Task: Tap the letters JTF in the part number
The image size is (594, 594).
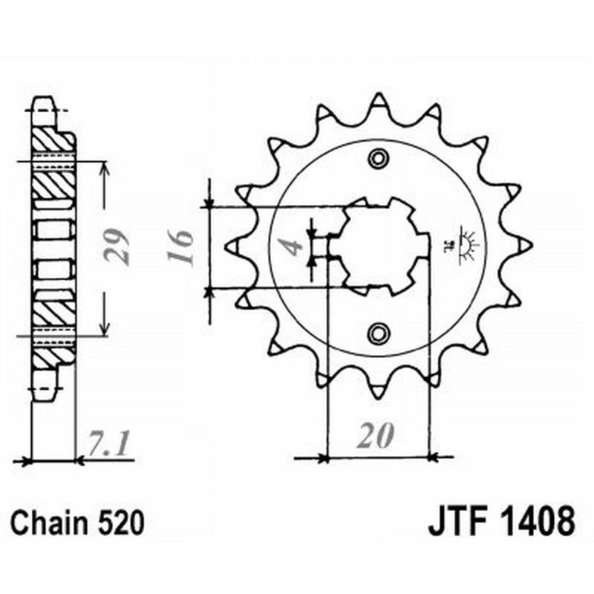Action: click(454, 522)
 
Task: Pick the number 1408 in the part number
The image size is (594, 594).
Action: click(535, 522)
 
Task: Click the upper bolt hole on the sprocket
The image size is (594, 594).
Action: click(379, 157)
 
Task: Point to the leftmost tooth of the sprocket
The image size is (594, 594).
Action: click(231, 244)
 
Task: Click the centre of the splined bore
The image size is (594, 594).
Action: click(379, 244)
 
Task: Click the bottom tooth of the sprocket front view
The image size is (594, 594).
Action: click(379, 390)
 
